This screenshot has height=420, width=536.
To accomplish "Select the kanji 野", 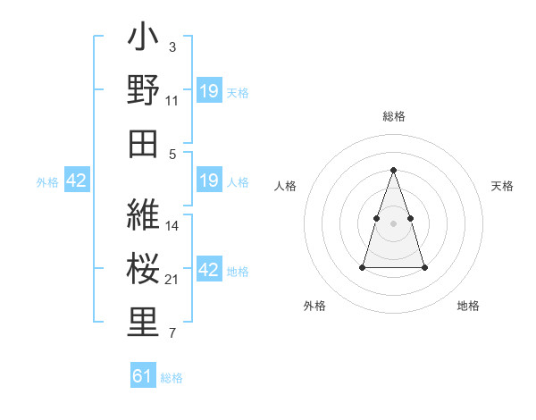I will (x=144, y=90).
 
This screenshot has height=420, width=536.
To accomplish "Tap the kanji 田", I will (x=144, y=142).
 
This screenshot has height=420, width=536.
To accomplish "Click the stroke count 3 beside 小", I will (x=172, y=46).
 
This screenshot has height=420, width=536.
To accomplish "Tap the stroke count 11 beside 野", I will (x=172, y=100).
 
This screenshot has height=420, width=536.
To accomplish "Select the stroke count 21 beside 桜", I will (x=172, y=280).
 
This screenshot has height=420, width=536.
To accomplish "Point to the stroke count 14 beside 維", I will (x=172, y=225).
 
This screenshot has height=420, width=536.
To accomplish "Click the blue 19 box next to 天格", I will (x=209, y=91).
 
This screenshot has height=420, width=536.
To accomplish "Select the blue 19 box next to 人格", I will (x=208, y=181).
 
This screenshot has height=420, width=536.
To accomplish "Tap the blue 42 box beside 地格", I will (x=209, y=270).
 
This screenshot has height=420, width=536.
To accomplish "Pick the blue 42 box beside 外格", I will (x=77, y=181).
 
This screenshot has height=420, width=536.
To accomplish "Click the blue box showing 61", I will (x=143, y=376).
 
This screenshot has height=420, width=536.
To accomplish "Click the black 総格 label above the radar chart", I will (x=394, y=116).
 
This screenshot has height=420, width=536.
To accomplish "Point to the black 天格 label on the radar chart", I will (x=503, y=186).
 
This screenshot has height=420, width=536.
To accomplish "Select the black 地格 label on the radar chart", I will (x=468, y=306).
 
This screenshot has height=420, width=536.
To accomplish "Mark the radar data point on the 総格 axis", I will (x=393, y=170).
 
